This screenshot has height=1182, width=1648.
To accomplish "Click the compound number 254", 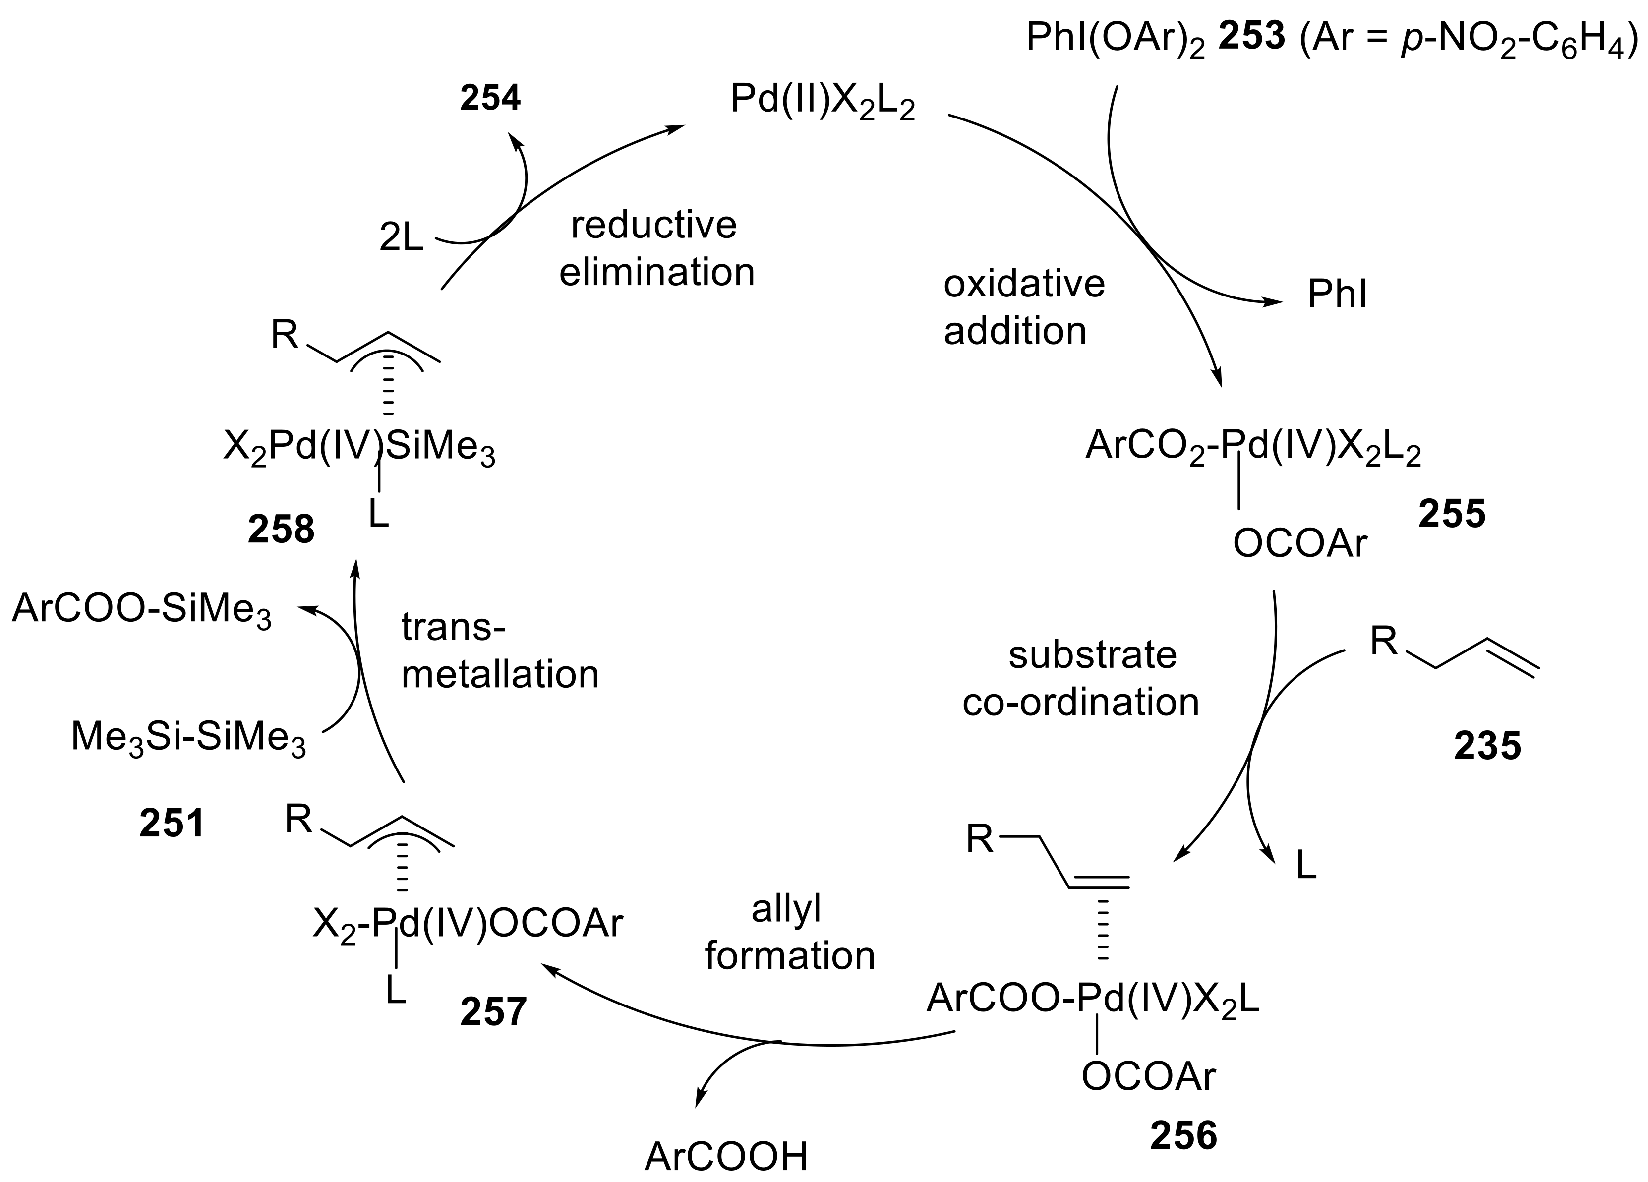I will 490,98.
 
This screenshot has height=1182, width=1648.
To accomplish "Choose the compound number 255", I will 1452,514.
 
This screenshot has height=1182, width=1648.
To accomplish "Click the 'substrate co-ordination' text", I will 1081,678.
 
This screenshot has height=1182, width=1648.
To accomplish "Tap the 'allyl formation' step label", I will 790,933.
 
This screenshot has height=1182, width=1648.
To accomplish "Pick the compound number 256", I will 1183,1135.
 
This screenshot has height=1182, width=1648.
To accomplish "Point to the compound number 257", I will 493,1011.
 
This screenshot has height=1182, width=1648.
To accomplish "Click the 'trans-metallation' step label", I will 500,651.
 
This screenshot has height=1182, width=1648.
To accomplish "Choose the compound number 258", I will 281,529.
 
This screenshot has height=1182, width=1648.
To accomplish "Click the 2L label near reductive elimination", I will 401,237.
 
